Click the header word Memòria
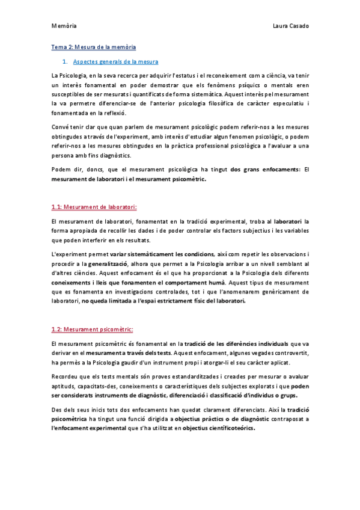coord(63,26)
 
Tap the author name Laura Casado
coord(290,26)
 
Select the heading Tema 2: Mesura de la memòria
coord(93,46)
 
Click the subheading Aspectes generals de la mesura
coord(115,61)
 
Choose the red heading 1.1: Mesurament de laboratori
coord(94,207)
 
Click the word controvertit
coord(287,352)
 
